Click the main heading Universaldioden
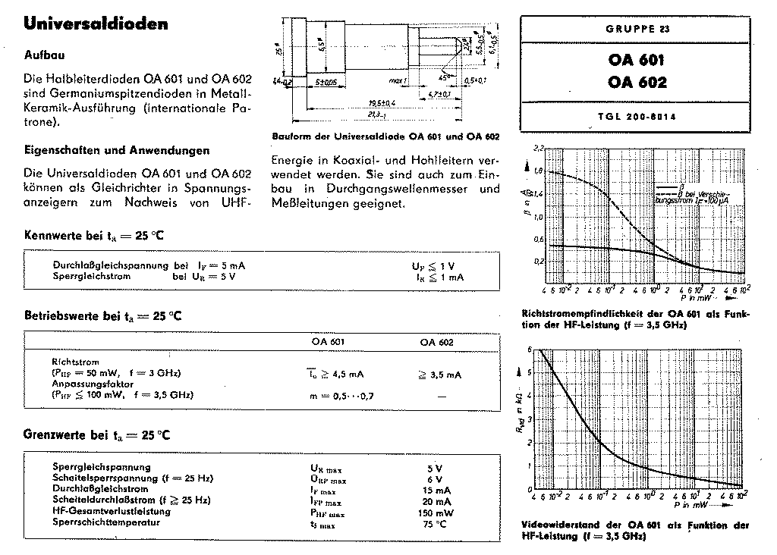[96, 25]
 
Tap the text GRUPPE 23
[637, 30]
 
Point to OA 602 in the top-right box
[637, 83]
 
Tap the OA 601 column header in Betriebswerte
[329, 342]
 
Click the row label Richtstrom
[75, 362]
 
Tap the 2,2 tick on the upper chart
[539, 147]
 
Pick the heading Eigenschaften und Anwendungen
[117, 151]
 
